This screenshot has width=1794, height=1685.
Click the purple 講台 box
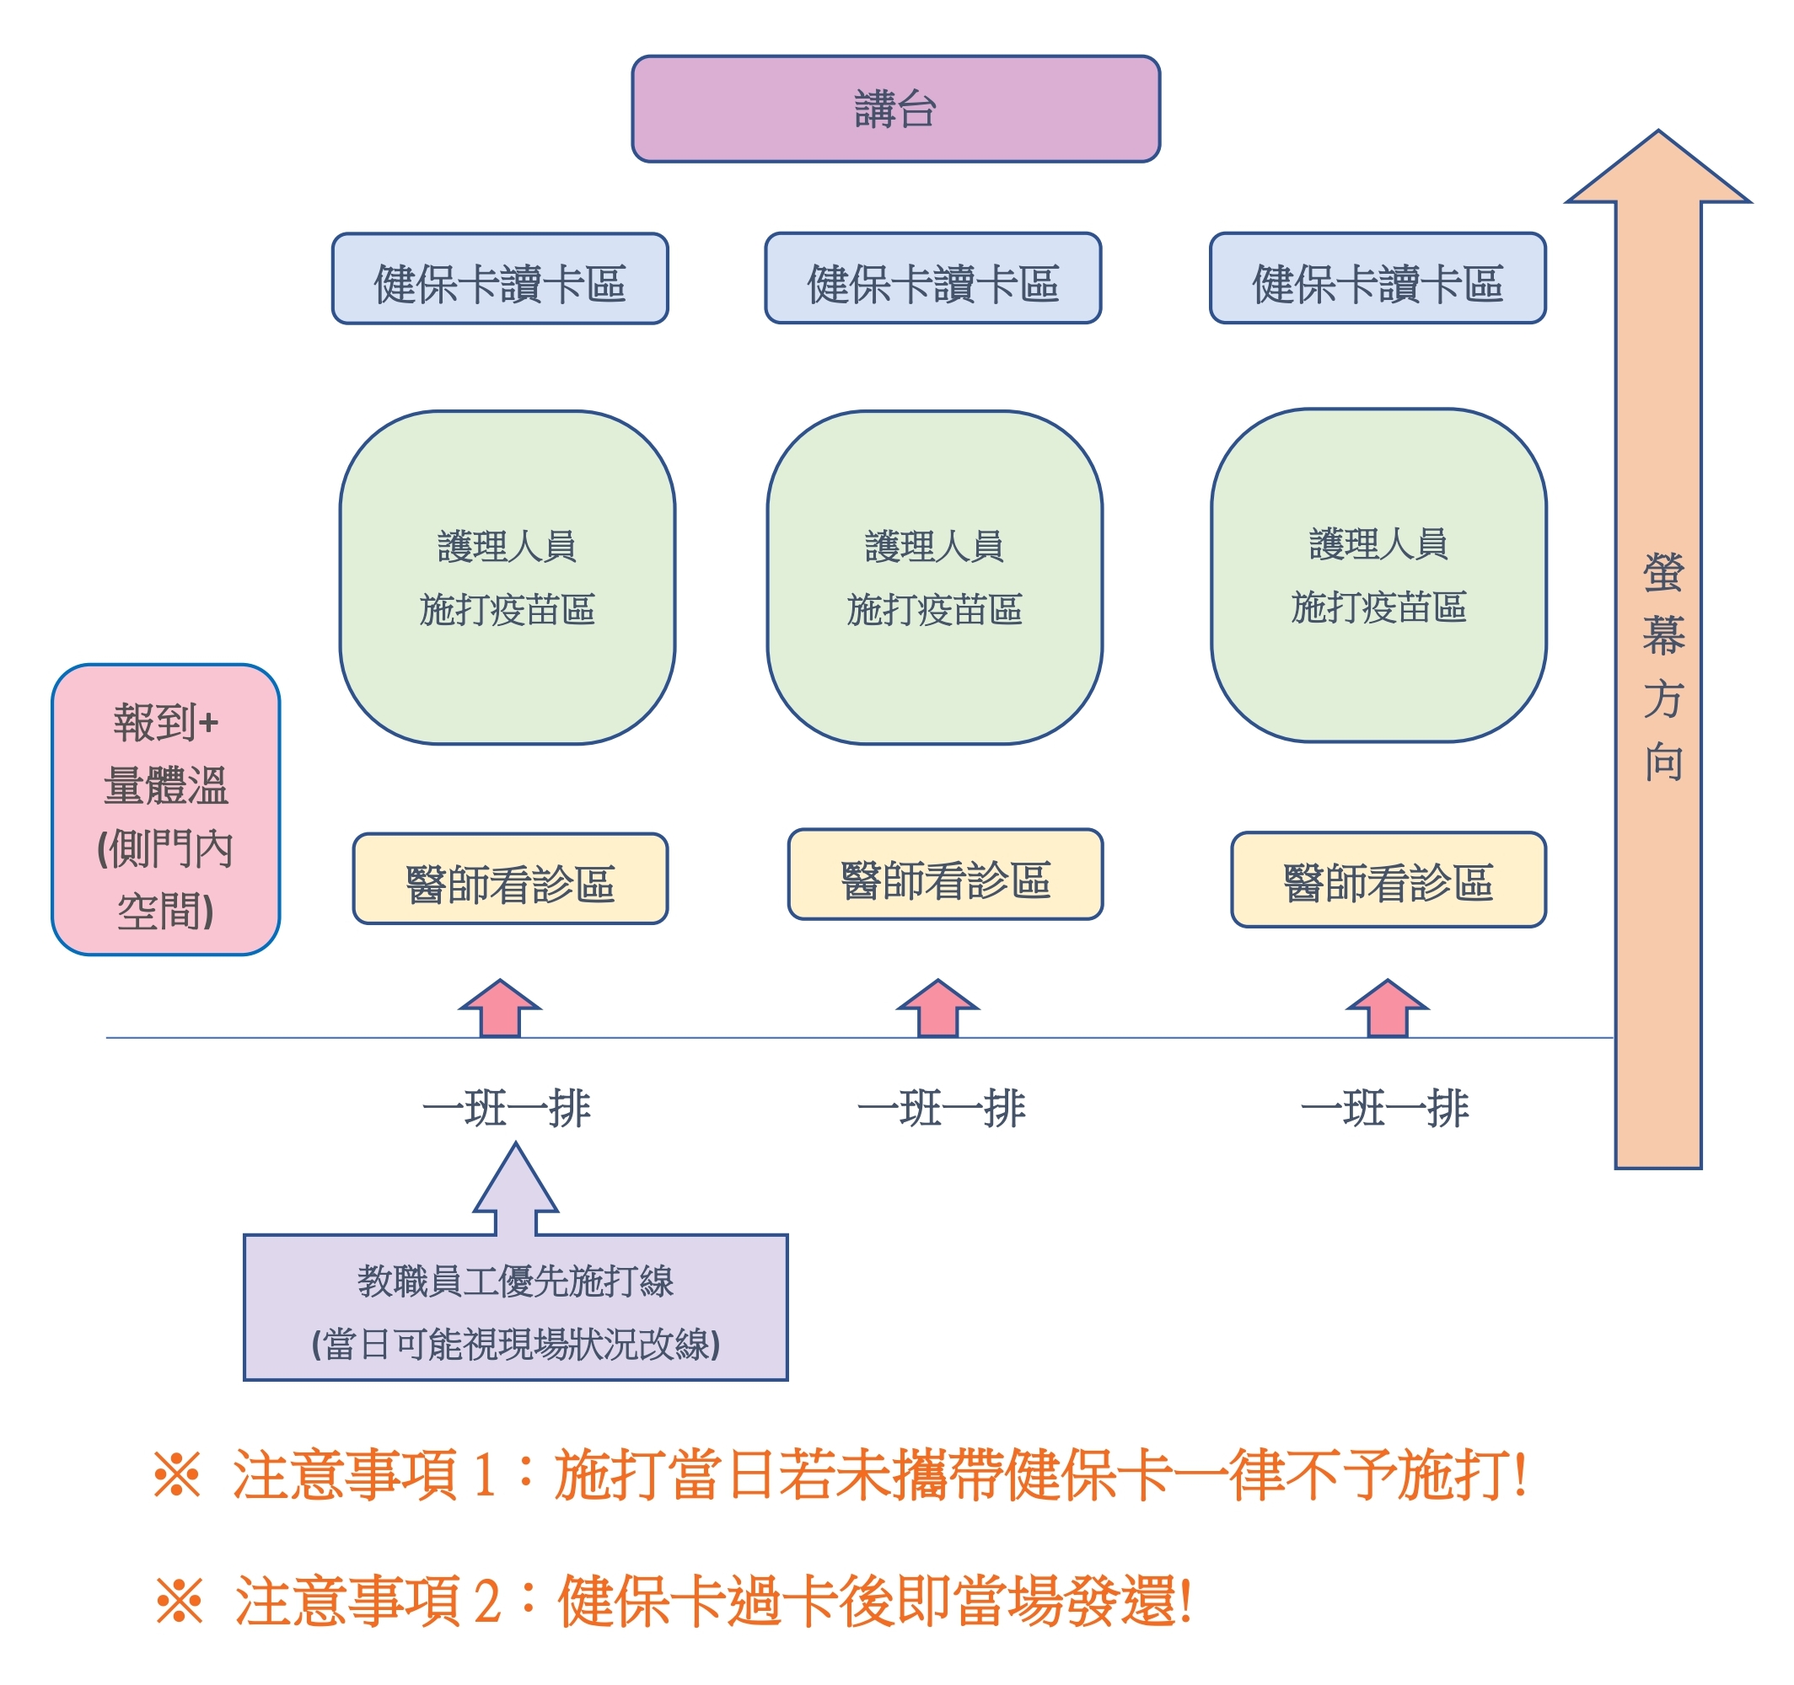tap(895, 110)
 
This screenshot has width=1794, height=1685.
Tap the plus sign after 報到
tap(209, 724)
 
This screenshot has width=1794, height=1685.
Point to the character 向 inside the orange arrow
tap(1662, 762)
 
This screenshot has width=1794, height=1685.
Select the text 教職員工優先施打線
tap(515, 1281)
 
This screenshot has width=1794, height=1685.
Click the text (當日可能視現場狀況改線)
tap(515, 1345)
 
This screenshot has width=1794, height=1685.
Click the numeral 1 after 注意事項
tap(485, 1477)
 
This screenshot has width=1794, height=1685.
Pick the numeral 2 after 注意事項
tap(487, 1602)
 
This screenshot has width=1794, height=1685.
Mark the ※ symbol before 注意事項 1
tap(177, 1476)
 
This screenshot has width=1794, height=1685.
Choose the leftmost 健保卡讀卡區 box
tap(500, 279)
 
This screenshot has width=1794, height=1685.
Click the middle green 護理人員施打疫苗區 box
tap(934, 577)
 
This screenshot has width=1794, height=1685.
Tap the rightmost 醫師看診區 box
tap(1388, 880)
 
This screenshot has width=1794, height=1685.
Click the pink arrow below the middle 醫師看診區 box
tap(937, 1008)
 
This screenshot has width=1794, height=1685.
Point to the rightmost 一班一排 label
tap(1384, 1109)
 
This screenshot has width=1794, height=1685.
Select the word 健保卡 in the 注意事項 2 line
tap(642, 1602)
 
